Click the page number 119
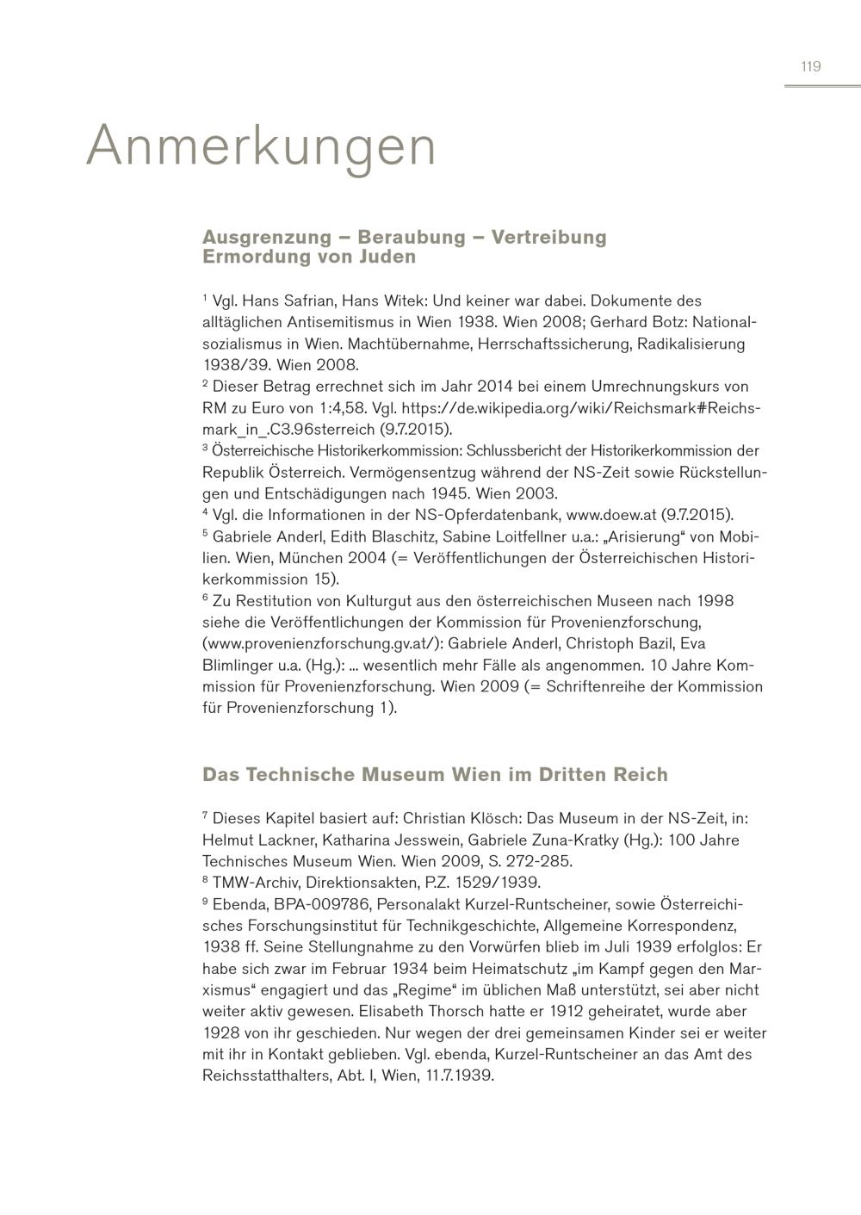point(810,66)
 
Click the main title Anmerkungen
point(262,146)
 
